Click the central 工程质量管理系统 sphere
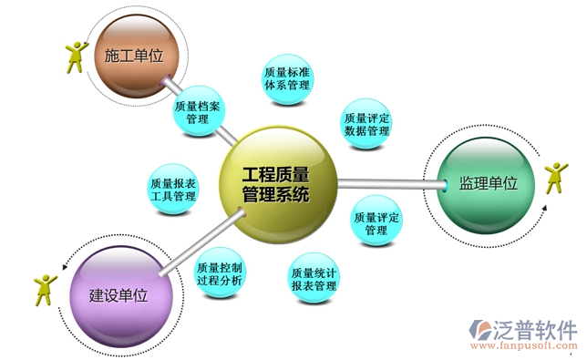click(x=277, y=183)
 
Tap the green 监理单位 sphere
click(x=488, y=184)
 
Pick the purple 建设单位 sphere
click(x=119, y=293)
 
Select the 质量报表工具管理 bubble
click(x=173, y=189)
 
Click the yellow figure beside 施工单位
click(x=77, y=56)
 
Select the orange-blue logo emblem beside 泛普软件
click(x=479, y=332)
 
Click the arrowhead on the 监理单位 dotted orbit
click(x=544, y=208)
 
